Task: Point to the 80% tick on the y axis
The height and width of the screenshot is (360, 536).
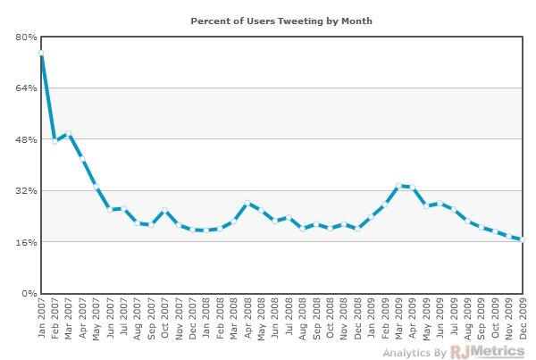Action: [x=26, y=37]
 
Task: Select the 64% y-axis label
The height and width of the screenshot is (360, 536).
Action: [x=26, y=88]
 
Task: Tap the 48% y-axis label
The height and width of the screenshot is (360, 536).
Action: [x=26, y=139]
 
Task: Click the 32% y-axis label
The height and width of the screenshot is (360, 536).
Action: [x=26, y=190]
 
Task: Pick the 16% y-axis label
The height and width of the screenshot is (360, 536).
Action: [x=26, y=242]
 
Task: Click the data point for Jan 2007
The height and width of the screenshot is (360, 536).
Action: [x=41, y=54]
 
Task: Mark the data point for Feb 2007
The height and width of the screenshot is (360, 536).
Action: [x=54, y=141]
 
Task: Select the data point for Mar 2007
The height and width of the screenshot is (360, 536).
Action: [x=69, y=134]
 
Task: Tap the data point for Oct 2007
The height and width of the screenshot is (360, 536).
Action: [x=165, y=210]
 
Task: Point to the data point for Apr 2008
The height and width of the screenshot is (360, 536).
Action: [x=247, y=204]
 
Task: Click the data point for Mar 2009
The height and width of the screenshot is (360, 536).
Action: [x=398, y=186]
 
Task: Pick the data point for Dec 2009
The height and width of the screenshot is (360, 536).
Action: [x=523, y=239]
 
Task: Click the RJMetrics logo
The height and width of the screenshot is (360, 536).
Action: [x=488, y=351]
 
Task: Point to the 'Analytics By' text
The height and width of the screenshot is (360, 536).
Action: [x=415, y=353]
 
